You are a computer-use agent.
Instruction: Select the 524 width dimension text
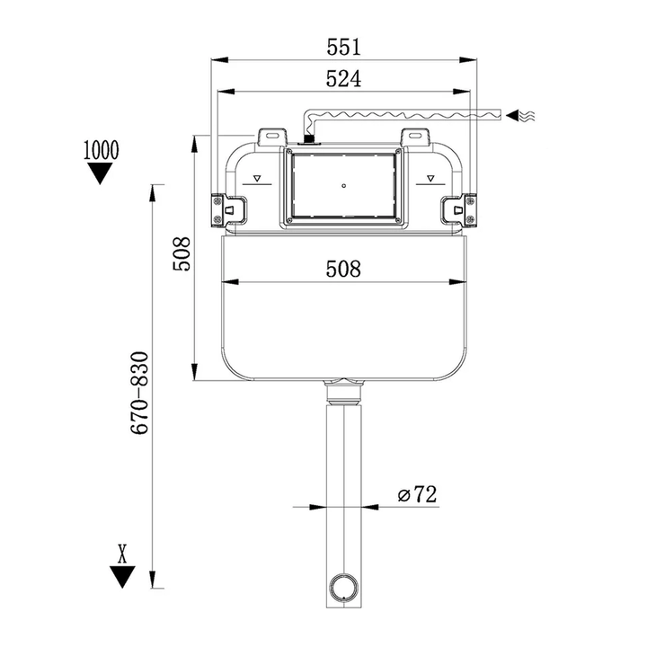[x=343, y=78]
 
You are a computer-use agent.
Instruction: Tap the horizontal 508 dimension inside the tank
[x=343, y=268]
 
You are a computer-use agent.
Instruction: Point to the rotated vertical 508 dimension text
[x=182, y=255]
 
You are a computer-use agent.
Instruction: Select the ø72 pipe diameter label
[x=416, y=493]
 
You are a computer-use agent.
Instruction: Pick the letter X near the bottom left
[x=122, y=552]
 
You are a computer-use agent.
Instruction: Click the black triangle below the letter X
[x=122, y=576]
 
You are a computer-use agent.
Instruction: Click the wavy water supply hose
[x=404, y=115]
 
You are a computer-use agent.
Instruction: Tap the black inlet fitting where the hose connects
[x=309, y=139]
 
